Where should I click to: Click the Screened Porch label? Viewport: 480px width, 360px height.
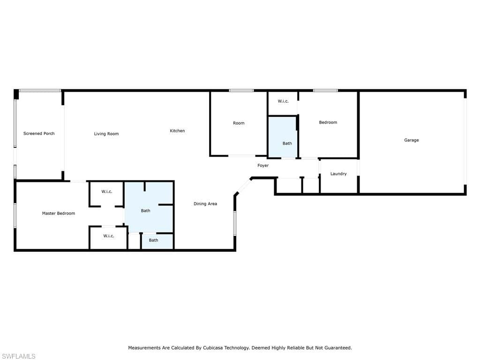point(39,134)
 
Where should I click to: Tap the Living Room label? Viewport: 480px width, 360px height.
point(106,134)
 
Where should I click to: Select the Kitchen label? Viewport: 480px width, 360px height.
point(177,131)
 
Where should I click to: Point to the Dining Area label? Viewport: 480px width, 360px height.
point(205,203)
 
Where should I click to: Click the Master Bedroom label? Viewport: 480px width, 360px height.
point(59,213)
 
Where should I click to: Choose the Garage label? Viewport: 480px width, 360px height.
point(412,140)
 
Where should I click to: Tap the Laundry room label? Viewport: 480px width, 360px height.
point(338,174)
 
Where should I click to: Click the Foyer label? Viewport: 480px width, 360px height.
point(263,165)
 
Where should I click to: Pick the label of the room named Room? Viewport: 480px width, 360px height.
point(239,123)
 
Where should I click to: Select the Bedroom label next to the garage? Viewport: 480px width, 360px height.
point(328,122)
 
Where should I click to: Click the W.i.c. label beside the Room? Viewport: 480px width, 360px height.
point(283,101)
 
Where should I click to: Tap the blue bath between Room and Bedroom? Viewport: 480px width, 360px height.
point(282,137)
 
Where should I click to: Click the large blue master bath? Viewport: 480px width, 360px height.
point(149,207)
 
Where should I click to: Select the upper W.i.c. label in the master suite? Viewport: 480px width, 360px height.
point(107,192)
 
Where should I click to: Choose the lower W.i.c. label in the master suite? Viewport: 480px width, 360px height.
point(109,236)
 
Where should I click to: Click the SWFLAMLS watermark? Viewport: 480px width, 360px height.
point(19,356)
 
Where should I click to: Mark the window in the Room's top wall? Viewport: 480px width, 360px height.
point(241,90)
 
